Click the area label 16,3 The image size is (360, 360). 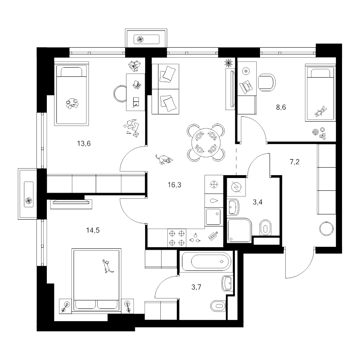(174, 185)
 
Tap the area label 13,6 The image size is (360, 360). (84, 144)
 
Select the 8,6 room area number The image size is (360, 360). (281, 107)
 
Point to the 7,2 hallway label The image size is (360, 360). (294, 162)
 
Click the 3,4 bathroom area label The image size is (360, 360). (257, 202)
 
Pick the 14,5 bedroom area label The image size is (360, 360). (93, 230)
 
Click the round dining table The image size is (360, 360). (206, 142)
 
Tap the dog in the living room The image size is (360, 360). (164, 159)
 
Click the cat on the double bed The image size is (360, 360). (107, 266)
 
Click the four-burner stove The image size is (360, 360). (177, 238)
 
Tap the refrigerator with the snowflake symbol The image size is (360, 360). (214, 184)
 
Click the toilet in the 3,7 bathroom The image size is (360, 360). (218, 306)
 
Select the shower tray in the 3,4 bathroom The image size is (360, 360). (239, 230)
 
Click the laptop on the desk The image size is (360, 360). (246, 86)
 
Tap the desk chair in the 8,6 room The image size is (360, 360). (267, 82)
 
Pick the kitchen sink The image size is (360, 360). (213, 217)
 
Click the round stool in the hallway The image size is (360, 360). (326, 228)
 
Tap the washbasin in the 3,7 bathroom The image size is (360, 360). (227, 283)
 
